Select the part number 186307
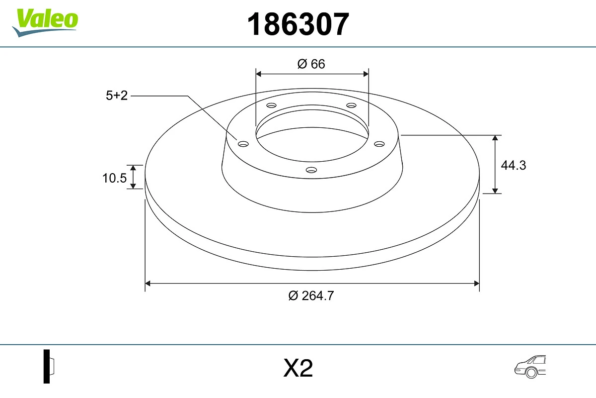[298, 24]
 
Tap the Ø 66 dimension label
[311, 64]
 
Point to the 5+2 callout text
[117, 96]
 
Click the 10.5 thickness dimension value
[115, 178]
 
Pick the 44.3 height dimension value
[513, 165]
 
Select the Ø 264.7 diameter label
[311, 296]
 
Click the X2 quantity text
[298, 369]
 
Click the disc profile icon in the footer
[48, 366]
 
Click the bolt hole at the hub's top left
[271, 105]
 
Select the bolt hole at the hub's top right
[352, 105]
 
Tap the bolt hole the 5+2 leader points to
[243, 144]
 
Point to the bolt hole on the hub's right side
[379, 144]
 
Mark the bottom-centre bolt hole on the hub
[311, 170]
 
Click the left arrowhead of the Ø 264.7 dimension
[148, 284]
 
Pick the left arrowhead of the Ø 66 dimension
[258, 74]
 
